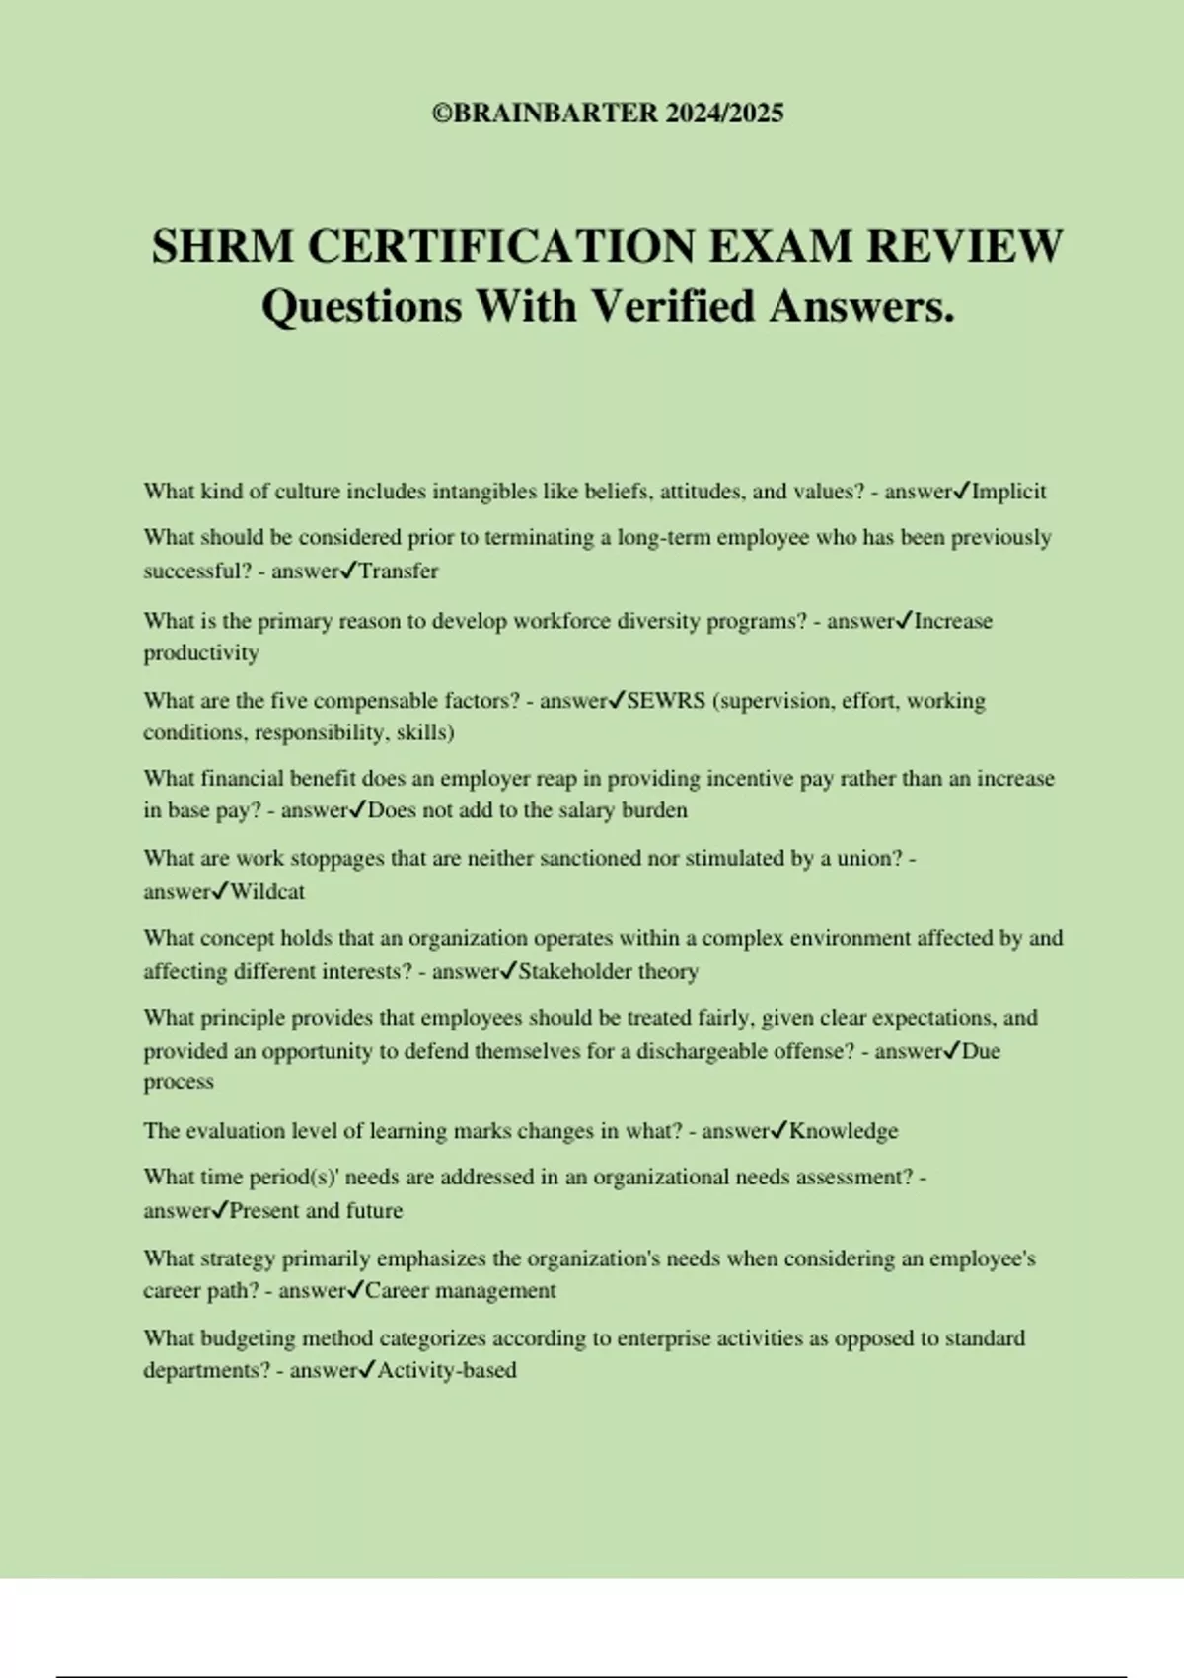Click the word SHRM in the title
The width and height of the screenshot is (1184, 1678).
click(x=222, y=246)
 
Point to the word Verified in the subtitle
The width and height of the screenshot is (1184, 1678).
click(x=674, y=306)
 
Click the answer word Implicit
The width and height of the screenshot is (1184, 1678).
click(x=1008, y=492)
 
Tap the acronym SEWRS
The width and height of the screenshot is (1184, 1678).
click(x=666, y=701)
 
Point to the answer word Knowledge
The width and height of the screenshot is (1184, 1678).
click(x=844, y=1131)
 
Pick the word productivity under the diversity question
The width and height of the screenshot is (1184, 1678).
click(x=201, y=653)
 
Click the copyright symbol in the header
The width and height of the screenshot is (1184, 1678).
click(x=440, y=114)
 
